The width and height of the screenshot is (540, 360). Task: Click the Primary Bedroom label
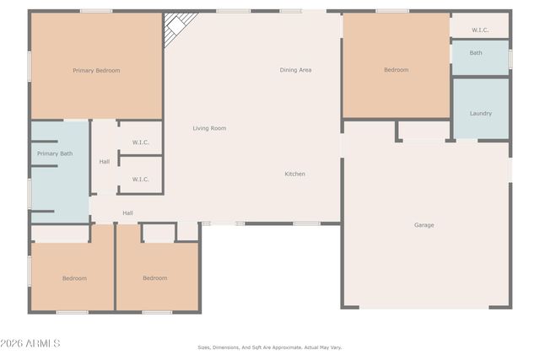coord(96,71)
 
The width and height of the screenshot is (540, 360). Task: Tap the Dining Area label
coord(295,70)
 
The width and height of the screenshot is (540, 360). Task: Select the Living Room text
coord(209,128)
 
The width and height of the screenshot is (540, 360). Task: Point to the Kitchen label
coord(294,174)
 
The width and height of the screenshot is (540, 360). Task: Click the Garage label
coord(424,225)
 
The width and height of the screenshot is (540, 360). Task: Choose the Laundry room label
coord(481,113)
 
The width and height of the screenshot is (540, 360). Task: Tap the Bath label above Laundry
coord(476,52)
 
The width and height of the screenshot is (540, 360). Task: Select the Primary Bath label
coord(55,153)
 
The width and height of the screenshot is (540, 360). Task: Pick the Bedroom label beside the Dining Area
coord(396,70)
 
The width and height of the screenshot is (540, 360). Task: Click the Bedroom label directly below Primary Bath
coord(74,278)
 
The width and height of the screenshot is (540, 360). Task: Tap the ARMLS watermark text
coord(30,343)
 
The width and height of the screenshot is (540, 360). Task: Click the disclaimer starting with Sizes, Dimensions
coord(270,347)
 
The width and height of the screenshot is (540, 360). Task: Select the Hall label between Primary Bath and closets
coord(105,162)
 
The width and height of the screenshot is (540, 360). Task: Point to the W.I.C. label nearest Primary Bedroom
coord(141,142)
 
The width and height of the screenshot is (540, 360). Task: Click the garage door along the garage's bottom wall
coord(426,308)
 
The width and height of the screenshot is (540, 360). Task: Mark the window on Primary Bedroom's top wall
coord(95,11)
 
